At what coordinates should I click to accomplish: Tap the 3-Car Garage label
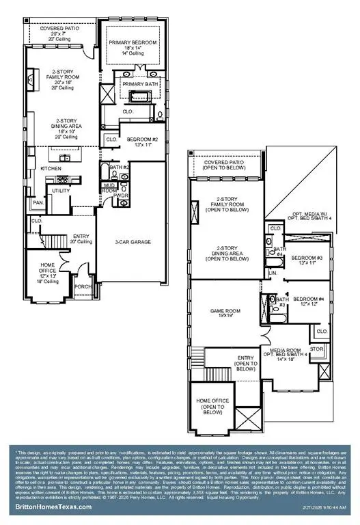[x=133, y=242]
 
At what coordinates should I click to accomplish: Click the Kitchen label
[x=51, y=168]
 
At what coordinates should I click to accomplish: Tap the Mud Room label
[x=109, y=187]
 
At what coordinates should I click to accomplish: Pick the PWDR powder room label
[x=122, y=196]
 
